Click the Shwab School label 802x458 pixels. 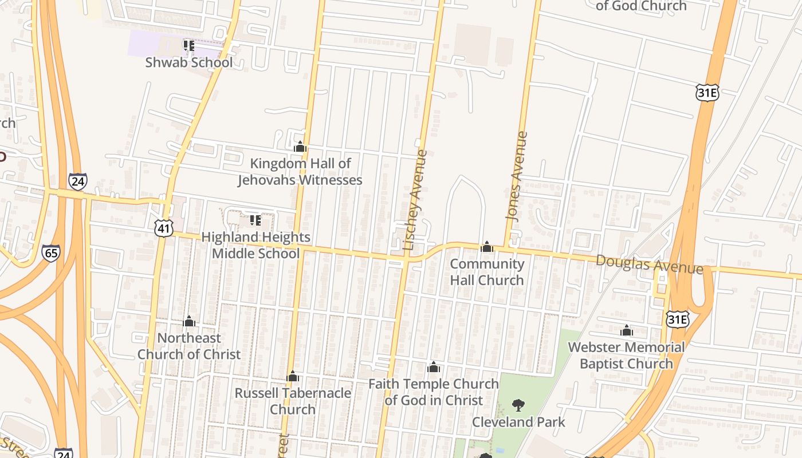(189, 62)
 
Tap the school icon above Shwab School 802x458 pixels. (189, 45)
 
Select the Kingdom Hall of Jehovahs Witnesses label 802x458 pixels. (300, 172)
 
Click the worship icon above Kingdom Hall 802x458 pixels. (300, 147)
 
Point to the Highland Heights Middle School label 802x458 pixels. (255, 245)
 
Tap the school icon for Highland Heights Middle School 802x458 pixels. (255, 220)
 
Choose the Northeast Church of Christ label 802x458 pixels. (189, 346)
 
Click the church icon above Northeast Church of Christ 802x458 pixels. (189, 321)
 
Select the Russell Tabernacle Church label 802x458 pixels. (293, 401)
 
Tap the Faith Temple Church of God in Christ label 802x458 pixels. (434, 392)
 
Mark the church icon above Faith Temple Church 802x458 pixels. (434, 367)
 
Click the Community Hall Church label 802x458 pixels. (487, 272)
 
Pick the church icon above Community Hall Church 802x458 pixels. (487, 247)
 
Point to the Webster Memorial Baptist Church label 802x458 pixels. (626, 355)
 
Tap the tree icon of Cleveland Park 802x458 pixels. (518, 406)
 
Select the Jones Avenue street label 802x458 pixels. (516, 175)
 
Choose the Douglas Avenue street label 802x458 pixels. (650, 264)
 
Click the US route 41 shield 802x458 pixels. (164, 228)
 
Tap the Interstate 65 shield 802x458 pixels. (50, 253)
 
